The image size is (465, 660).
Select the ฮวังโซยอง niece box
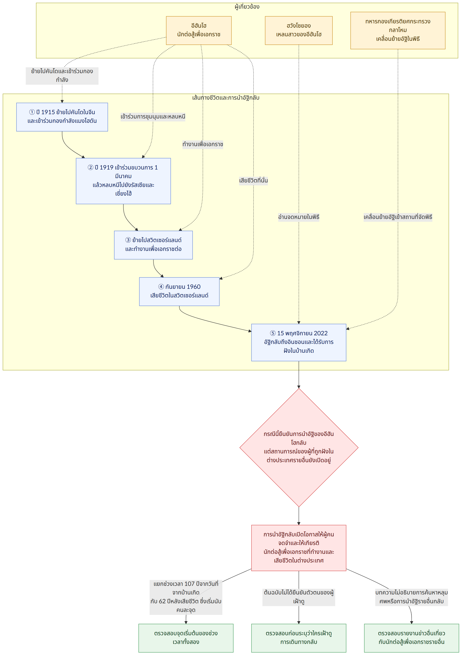299,30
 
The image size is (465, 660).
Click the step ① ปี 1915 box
62,117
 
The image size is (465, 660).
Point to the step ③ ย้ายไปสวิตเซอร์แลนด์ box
153,245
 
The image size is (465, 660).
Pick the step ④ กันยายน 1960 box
179,292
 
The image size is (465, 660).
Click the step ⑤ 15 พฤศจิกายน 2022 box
299,342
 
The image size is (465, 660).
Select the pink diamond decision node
299,448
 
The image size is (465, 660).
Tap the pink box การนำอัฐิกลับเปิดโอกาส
299,548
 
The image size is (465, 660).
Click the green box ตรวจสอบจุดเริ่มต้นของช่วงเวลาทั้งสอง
186,638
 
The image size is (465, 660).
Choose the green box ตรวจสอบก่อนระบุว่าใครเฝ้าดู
299,638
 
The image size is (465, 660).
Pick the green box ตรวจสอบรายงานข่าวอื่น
411,638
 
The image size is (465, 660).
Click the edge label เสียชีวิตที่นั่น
254,180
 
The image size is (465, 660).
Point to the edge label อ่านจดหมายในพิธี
299,217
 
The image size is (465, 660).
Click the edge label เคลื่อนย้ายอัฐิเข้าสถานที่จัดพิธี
398,217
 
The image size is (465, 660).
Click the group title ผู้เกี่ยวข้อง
247,7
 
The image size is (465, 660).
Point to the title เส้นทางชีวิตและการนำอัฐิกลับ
226,98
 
